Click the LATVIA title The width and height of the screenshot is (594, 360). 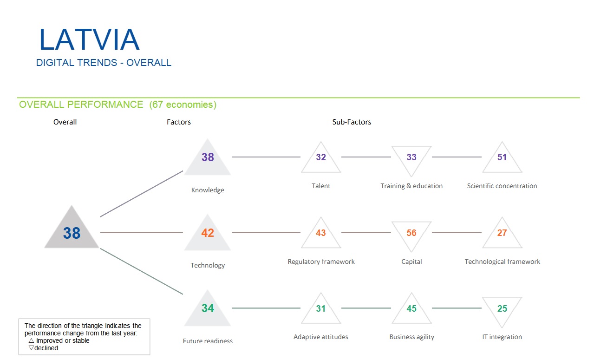89,40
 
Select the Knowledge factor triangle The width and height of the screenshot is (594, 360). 208,159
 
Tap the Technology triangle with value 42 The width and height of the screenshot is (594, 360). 208,234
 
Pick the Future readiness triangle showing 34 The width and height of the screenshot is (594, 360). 208,310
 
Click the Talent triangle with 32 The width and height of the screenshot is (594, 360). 321,159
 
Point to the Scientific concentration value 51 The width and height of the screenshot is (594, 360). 502,157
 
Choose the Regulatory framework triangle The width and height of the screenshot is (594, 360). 321,234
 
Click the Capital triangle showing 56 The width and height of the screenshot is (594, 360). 411,232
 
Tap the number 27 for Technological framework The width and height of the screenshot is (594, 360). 502,233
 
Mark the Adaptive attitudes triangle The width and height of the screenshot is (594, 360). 321,310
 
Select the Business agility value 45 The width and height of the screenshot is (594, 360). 411,309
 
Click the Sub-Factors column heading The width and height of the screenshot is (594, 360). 352,122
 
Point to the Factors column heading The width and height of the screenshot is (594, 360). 179,122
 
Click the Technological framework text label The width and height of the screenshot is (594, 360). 503,262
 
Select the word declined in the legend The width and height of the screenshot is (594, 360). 46,348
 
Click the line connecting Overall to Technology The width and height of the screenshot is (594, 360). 142,232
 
